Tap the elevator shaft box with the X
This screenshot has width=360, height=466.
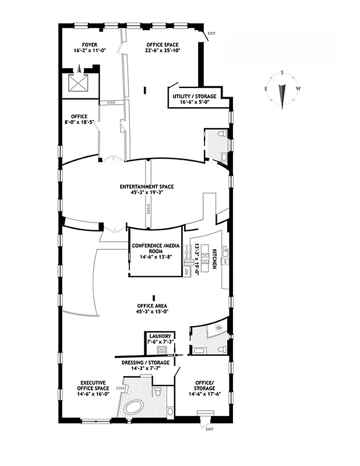tap(77, 83)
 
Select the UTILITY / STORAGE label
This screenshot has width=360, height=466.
tap(195, 96)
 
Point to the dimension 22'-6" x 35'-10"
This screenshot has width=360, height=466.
tap(163, 51)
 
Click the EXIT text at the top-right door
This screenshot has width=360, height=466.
tap(210, 33)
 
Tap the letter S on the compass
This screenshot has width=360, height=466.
tap(282, 73)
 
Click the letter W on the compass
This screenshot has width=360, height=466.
tap(299, 89)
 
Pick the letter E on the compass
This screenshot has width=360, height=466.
tap(266, 89)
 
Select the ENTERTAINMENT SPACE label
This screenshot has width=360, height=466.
tap(147, 186)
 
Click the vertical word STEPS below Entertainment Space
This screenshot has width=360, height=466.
tap(149, 209)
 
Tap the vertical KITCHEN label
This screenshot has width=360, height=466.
tap(214, 257)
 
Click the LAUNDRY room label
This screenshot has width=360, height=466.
tap(159, 337)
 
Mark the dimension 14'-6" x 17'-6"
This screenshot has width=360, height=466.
tap(204, 395)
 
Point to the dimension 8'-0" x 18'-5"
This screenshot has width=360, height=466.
tap(79, 122)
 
